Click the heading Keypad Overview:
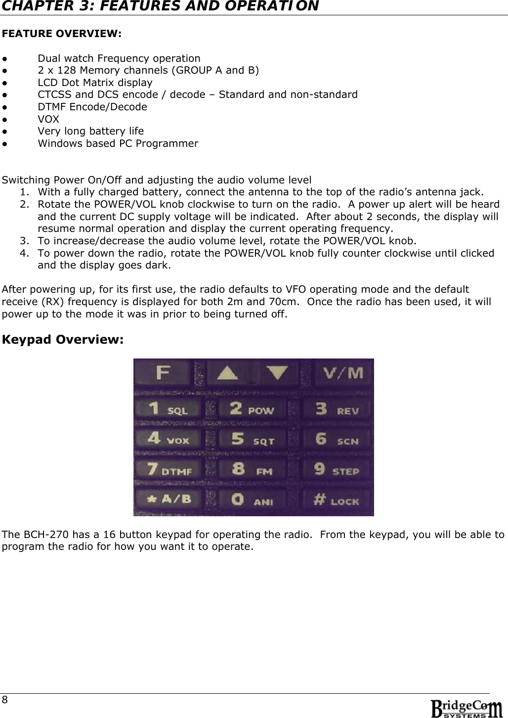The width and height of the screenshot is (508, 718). point(63,340)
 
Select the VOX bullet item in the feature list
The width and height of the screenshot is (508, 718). point(48,119)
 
